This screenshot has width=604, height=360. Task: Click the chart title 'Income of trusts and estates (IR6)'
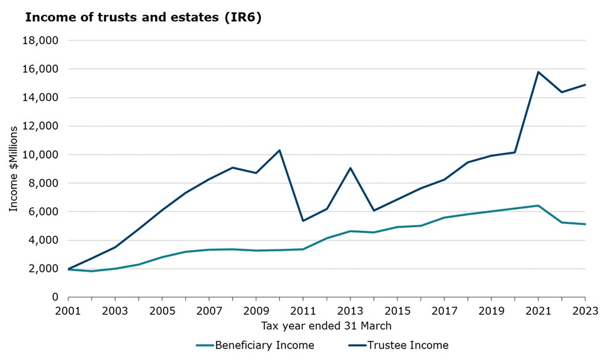pos(143,17)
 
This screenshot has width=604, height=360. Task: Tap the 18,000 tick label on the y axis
pos(41,40)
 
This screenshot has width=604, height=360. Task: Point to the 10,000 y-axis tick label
pos(41,155)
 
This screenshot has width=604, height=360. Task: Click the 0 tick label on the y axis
pos(55,297)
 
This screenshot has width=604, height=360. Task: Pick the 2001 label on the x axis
pos(68,312)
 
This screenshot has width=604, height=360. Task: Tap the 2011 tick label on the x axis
pos(303,312)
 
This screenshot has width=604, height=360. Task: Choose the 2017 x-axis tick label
pos(444,312)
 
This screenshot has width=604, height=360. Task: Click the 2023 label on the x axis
pos(585,312)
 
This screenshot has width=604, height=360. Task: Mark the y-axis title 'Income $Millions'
pos(14,169)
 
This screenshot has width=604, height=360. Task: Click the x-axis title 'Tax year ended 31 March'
pos(326,326)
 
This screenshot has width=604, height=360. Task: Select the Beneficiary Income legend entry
pos(255,345)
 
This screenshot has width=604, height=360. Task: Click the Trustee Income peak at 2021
pos(538,72)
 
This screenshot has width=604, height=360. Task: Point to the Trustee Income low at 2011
pos(303,221)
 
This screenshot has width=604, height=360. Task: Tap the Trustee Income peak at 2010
pos(279,150)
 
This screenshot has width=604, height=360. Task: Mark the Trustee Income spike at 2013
pos(350,168)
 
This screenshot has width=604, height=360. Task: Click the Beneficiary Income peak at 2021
pos(538,205)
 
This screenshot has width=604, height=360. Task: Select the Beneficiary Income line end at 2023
pos(585,224)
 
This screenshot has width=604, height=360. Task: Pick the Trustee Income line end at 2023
pos(585,84)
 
